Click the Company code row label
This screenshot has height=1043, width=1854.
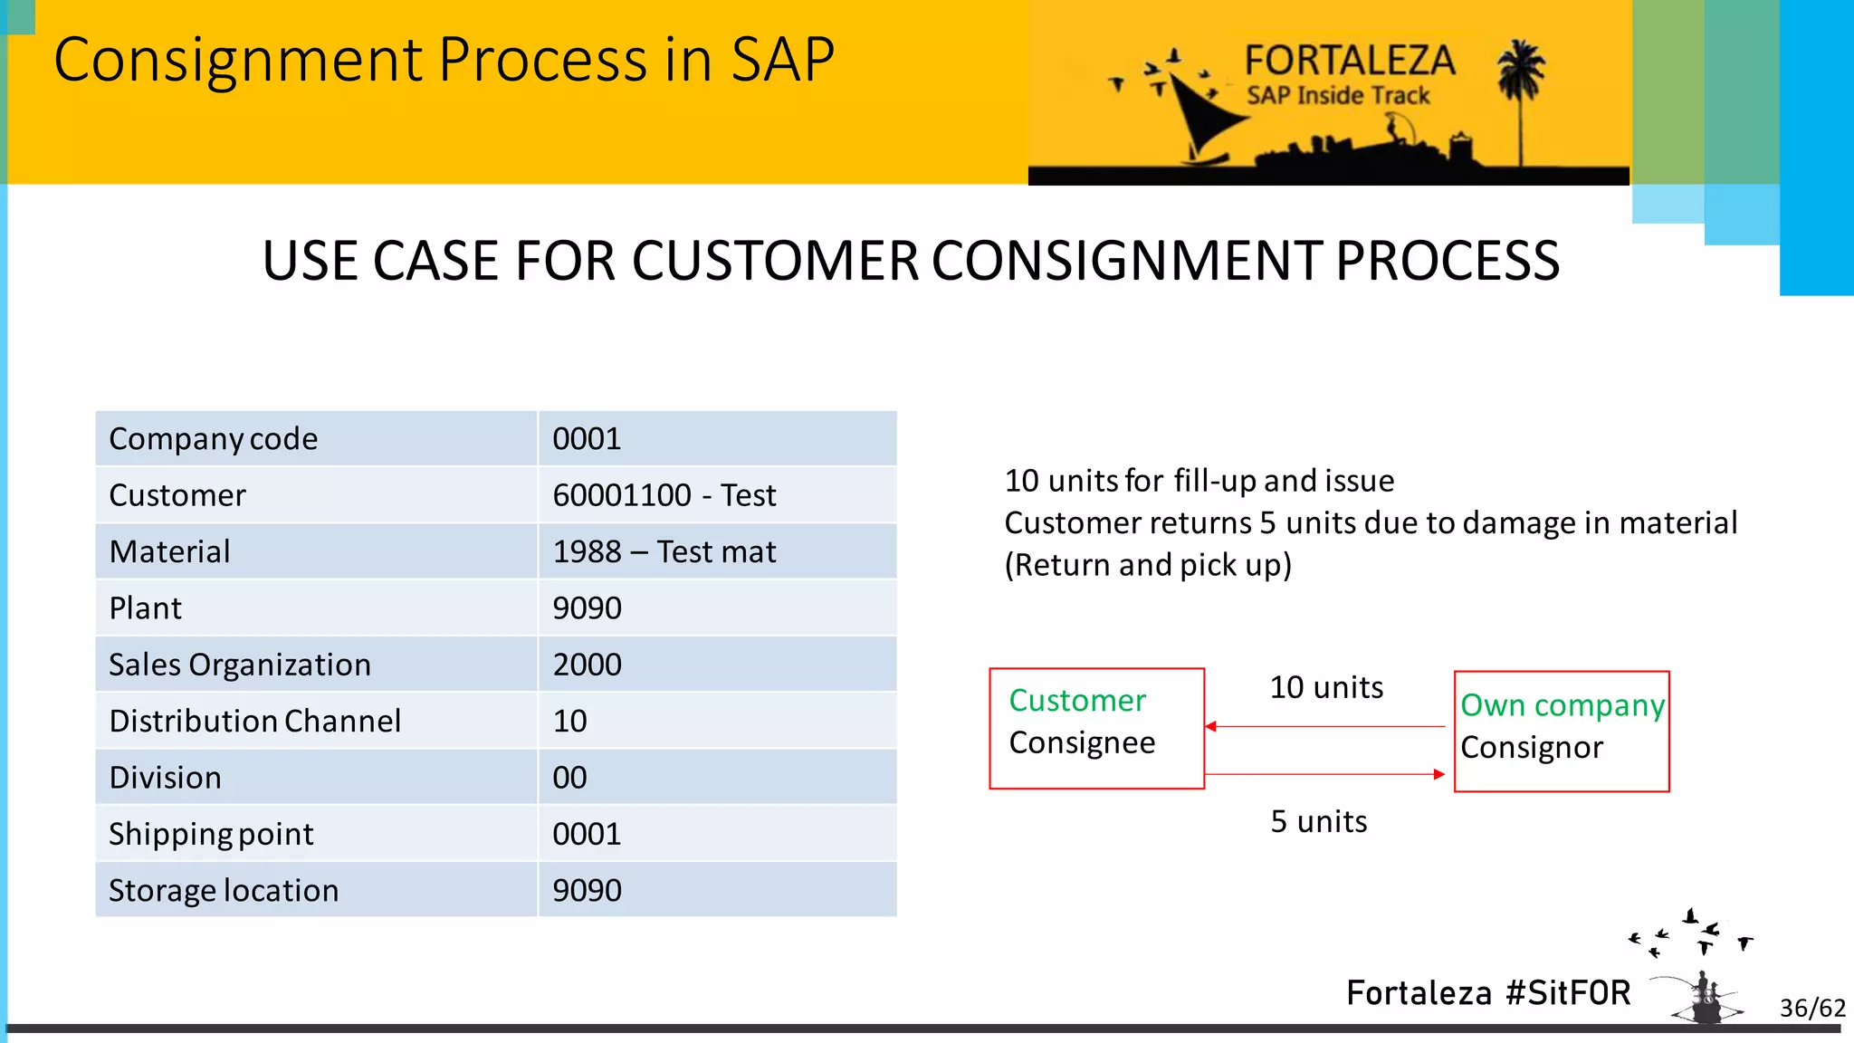(x=214, y=439)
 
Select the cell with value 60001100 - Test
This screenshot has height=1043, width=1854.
(x=664, y=495)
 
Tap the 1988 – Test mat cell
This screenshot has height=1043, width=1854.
(x=664, y=551)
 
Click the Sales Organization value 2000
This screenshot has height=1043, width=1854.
(x=587, y=665)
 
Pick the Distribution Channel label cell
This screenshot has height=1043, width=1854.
(x=254, y=721)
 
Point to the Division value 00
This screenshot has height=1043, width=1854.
(x=569, y=778)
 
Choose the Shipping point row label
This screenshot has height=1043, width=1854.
(x=211, y=834)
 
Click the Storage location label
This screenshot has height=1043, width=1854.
(x=224, y=890)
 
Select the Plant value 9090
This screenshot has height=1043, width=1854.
(x=587, y=608)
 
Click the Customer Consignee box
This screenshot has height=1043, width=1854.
(x=1096, y=728)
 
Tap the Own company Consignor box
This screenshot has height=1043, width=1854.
(x=1562, y=731)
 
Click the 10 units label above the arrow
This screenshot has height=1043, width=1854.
(x=1325, y=687)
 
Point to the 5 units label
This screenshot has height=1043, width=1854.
(x=1318, y=821)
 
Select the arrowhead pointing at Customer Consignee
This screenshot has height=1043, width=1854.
(x=1211, y=726)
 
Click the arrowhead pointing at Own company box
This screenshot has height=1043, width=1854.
(x=1438, y=774)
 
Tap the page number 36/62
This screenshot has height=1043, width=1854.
(x=1811, y=1008)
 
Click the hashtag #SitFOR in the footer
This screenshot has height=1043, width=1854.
(x=1568, y=993)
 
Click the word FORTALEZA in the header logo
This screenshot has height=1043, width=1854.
(x=1349, y=61)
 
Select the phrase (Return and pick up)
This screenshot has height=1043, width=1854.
(x=1148, y=565)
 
